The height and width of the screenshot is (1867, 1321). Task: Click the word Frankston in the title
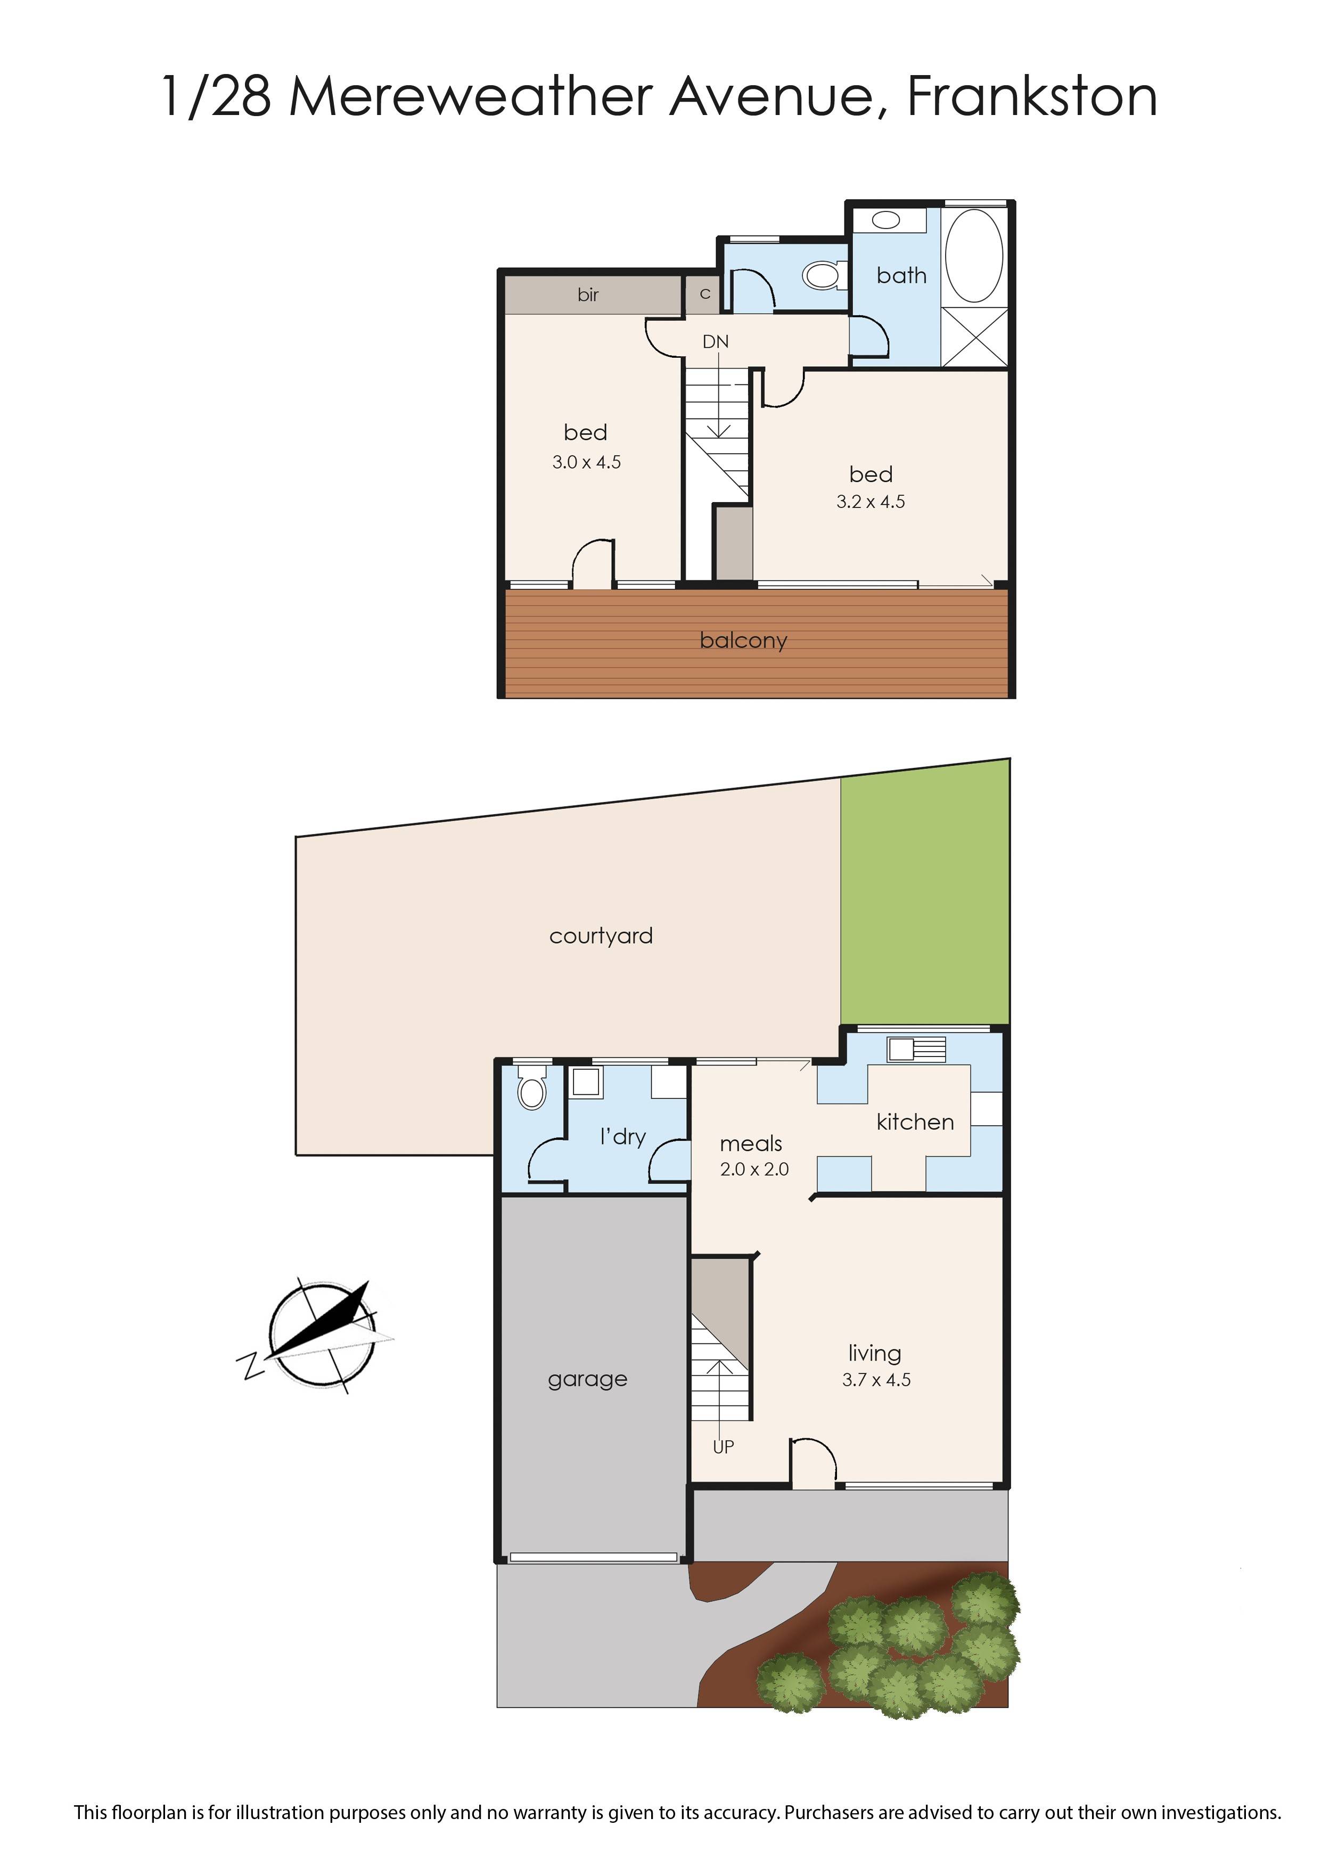tap(1031, 97)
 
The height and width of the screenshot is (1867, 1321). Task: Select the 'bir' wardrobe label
tap(588, 294)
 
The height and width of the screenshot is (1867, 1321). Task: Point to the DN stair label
tap(715, 342)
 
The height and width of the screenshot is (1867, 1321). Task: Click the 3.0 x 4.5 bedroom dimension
tap(586, 462)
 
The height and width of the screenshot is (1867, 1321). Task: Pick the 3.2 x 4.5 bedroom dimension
tap(871, 502)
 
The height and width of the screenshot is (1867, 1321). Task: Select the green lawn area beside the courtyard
tap(925, 895)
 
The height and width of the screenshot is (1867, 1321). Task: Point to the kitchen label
tap(915, 1122)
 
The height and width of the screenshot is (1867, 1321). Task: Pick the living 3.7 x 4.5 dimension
tap(876, 1380)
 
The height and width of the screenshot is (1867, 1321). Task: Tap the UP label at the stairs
tap(723, 1447)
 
